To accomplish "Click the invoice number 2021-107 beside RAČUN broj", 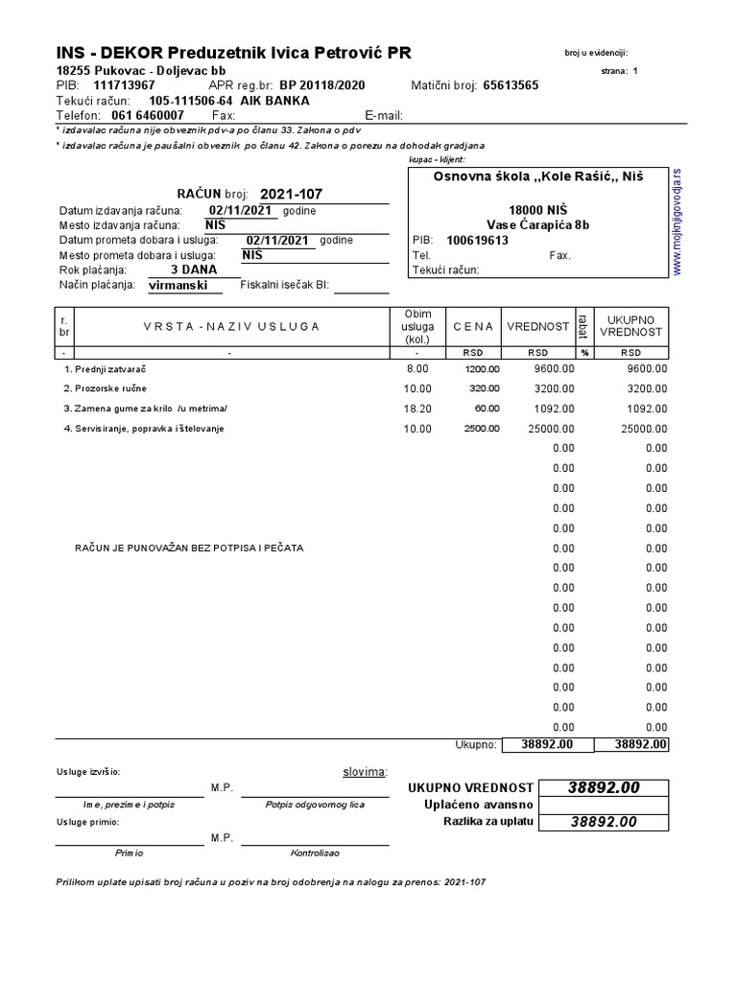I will pos(291,195).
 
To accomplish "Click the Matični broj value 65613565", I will pos(511,84).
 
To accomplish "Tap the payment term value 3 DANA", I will pos(194,270).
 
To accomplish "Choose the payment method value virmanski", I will pos(178,286).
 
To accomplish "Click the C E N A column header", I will pos(473,326).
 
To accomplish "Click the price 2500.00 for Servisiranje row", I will pos(482,429).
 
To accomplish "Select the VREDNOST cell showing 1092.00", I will pos(552,409).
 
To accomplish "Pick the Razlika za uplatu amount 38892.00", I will pos(603,822).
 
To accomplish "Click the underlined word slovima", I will pos(365,771).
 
